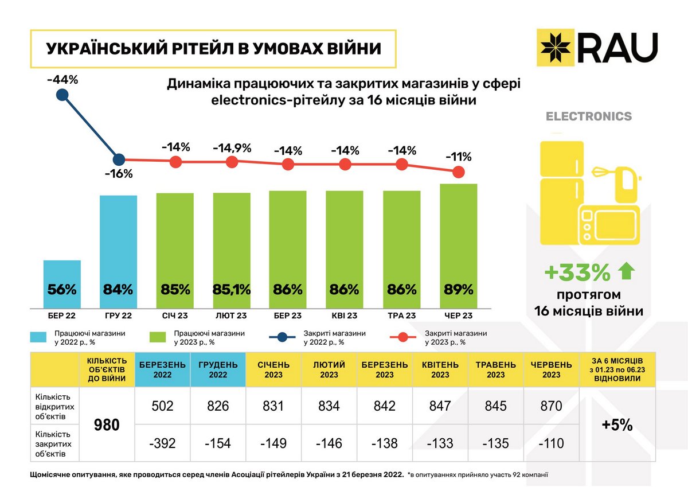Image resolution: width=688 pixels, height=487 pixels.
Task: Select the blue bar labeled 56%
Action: tap(62, 285)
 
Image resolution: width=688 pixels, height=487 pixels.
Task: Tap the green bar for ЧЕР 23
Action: tap(458, 247)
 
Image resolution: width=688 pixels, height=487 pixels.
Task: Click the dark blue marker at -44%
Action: tap(63, 95)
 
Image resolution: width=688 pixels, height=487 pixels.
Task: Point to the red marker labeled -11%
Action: tap(458, 172)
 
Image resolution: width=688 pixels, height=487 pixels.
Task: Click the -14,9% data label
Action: tap(232, 147)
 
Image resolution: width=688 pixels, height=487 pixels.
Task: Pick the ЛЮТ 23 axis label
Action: tap(232, 316)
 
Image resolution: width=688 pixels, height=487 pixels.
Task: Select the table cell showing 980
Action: tap(106, 425)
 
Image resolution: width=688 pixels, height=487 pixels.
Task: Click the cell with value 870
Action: tap(552, 406)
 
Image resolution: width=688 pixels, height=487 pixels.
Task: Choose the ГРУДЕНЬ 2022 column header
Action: tap(218, 369)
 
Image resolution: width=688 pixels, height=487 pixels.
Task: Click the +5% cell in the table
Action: tap(617, 425)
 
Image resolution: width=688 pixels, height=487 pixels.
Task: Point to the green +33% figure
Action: tap(577, 274)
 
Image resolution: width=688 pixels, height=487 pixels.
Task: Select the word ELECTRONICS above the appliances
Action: tap(588, 116)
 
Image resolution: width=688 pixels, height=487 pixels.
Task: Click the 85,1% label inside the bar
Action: tap(232, 290)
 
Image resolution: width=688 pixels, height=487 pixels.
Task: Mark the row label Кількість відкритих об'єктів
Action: tap(54, 406)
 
